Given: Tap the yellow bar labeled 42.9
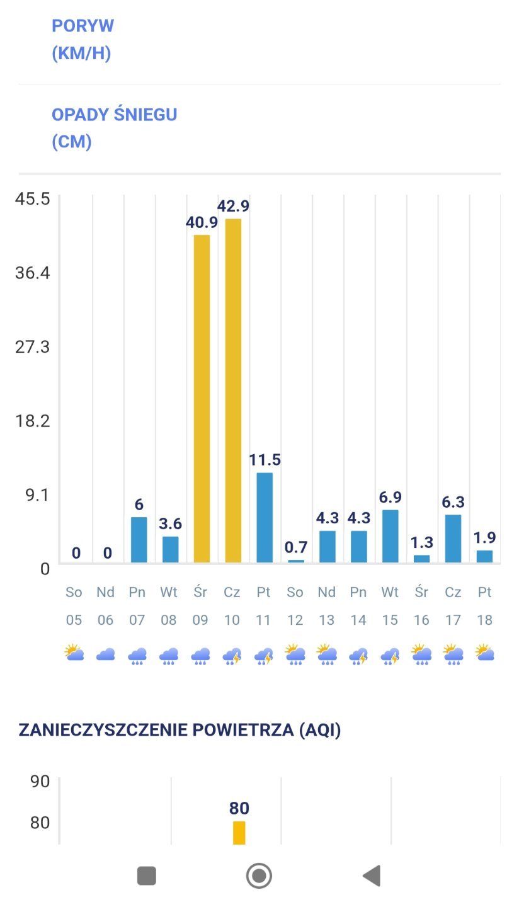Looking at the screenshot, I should tap(233, 391).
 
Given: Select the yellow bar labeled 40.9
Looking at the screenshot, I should tap(202, 398).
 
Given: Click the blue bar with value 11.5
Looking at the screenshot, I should tap(265, 517).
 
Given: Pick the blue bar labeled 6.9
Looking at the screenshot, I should tap(391, 536).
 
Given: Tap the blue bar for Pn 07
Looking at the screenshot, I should tap(139, 540).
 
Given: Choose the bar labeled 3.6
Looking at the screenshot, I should tap(170, 549).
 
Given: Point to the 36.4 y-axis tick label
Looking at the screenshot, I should tap(32, 273).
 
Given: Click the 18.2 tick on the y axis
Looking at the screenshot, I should tap(32, 421).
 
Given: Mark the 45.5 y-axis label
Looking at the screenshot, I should tap(32, 199).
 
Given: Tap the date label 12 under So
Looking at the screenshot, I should tap(295, 620).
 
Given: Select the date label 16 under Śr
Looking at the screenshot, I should tap(421, 620).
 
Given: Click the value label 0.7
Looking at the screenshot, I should tap(295, 546).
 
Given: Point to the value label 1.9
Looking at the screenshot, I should tap(484, 537).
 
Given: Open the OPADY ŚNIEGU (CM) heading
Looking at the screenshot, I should tap(114, 128).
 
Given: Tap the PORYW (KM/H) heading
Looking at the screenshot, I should tap(83, 39).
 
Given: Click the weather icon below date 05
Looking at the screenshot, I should tap(74, 653).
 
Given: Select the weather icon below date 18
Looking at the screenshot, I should tap(484, 653).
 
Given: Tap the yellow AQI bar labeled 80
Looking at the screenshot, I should tap(239, 832).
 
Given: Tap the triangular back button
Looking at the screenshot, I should tap(372, 876).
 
